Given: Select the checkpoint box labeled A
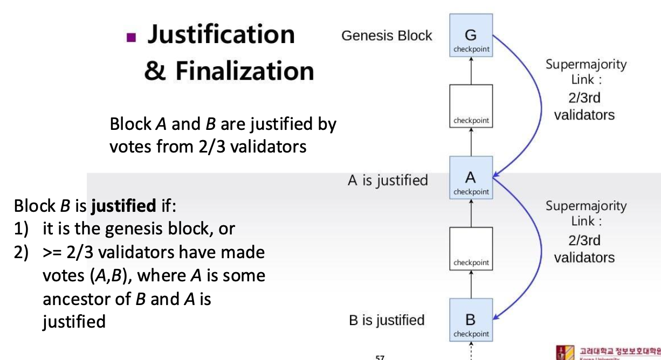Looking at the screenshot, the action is (x=471, y=178).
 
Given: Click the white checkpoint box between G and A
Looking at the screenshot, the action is (x=471, y=106).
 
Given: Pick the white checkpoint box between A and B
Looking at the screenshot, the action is (x=471, y=248).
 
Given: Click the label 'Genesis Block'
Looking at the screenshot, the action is (x=387, y=36).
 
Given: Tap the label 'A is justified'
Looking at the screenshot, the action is (x=388, y=181).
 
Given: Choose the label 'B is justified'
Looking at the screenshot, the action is (x=387, y=320).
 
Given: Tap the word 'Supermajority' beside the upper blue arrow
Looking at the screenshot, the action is (x=586, y=65).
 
